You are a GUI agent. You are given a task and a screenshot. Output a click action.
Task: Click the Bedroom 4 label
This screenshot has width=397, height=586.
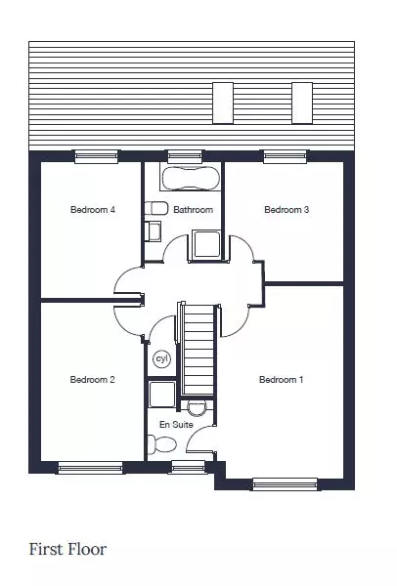pyautogui.click(x=93, y=210)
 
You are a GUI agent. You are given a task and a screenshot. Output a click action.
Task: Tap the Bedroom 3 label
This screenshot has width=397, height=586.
pyautogui.click(x=287, y=210)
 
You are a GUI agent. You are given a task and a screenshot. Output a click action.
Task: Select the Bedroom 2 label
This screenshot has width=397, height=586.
pyautogui.click(x=93, y=380)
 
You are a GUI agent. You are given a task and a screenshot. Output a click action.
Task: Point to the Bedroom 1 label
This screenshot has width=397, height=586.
pyautogui.click(x=281, y=380)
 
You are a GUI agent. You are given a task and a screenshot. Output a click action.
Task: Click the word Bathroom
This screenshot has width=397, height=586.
pyautogui.click(x=193, y=210)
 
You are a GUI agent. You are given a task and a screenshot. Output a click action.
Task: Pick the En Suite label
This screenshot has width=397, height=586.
pyautogui.click(x=176, y=425)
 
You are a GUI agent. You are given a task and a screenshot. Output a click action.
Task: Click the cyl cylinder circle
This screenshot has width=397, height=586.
pyautogui.click(x=162, y=358)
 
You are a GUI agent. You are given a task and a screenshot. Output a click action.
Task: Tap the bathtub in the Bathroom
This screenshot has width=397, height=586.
pyautogui.click(x=191, y=178)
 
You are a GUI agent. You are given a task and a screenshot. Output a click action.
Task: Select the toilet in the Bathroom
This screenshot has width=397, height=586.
pyautogui.click(x=156, y=208)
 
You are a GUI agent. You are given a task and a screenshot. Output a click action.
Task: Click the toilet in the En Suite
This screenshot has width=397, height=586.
pyautogui.click(x=162, y=444)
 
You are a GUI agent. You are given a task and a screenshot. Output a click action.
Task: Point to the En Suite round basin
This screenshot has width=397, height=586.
pyautogui.click(x=197, y=408)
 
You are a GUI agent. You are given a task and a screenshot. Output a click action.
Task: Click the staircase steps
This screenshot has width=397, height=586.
pyautogui.click(x=198, y=350)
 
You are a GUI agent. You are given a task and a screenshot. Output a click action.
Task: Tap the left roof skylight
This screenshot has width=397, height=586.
pyautogui.click(x=223, y=104)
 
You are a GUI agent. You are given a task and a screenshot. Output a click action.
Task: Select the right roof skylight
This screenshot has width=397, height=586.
pyautogui.click(x=302, y=104)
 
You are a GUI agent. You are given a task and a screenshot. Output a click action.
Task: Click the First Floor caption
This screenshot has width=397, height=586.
pyautogui.click(x=67, y=549)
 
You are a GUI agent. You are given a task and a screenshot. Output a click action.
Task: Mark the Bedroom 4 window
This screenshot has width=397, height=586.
pyautogui.click(x=97, y=156)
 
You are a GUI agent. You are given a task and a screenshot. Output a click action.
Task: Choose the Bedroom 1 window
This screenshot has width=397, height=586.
pyautogui.click(x=286, y=484)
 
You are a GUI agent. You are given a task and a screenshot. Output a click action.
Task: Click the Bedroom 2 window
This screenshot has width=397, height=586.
pyautogui.click(x=91, y=468)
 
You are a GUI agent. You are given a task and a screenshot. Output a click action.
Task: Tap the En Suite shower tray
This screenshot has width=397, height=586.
pyautogui.click(x=162, y=395)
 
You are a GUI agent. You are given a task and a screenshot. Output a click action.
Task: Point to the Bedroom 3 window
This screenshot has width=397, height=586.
pyautogui.click(x=286, y=156)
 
